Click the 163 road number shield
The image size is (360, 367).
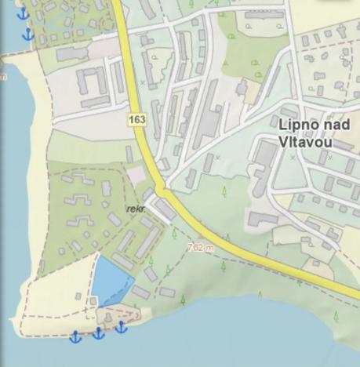138,119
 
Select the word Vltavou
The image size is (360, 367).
305,143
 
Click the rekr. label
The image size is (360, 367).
135,209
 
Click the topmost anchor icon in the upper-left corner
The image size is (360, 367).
22,13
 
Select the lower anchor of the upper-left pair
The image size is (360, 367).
29,35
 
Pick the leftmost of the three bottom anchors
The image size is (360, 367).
76,336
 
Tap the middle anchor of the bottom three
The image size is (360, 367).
99,333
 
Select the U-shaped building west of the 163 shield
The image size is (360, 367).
89,81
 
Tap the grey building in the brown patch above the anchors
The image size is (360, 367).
107,317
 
